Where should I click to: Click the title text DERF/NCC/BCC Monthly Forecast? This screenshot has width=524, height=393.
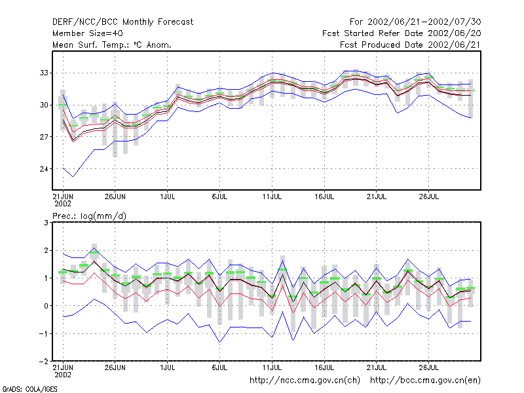click(122, 22)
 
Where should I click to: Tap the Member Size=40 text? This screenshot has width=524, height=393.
click(88, 33)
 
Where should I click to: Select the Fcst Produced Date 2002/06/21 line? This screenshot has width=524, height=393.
click(410, 45)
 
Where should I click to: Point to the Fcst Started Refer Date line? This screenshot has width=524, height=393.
click(402, 33)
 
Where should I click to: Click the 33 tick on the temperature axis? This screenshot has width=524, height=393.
click(44, 73)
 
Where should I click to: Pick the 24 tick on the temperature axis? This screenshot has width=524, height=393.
click(44, 169)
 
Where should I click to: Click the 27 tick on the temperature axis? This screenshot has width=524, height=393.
click(44, 137)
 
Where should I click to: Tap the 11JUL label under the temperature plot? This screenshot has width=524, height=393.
click(272, 196)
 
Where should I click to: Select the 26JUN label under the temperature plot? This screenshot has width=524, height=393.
click(115, 196)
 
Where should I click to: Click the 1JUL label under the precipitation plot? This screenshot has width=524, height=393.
click(168, 367)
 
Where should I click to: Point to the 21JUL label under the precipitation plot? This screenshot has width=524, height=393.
click(376, 367)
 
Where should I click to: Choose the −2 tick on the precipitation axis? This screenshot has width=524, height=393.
click(44, 362)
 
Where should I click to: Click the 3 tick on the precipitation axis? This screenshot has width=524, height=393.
click(46, 223)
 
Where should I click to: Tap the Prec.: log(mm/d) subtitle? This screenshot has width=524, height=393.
click(90, 216)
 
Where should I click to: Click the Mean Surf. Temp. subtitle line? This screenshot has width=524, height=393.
click(112, 45)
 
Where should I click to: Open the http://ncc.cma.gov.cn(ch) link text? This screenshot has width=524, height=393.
click(305, 381)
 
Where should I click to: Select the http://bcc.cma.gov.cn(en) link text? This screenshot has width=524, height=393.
click(425, 381)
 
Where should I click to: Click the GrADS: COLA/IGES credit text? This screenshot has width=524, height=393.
click(29, 389)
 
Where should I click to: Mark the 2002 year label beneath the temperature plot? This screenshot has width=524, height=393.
click(63, 204)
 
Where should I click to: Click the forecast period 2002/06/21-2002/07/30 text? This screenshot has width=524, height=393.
click(424, 22)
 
